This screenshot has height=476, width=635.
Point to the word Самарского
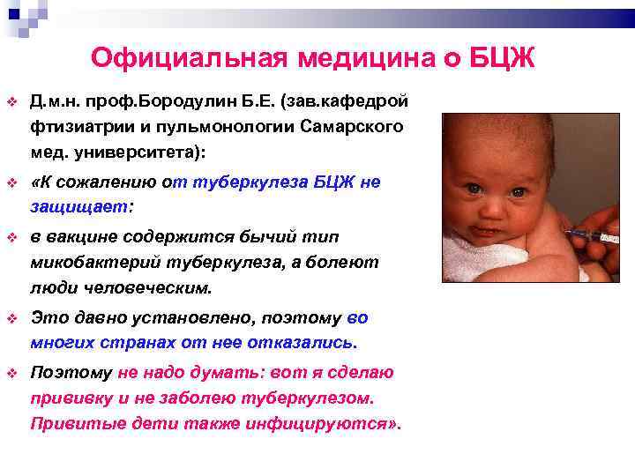click(x=351, y=126)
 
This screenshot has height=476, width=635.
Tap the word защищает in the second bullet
click(x=78, y=208)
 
